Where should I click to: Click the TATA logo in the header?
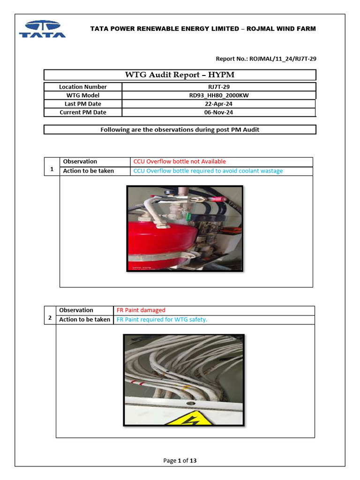click(42, 29)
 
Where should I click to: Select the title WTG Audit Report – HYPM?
click(180, 75)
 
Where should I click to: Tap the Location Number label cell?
click(83, 87)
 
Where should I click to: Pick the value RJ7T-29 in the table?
click(219, 87)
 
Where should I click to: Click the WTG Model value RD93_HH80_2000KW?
click(219, 95)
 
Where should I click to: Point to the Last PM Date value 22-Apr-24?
click(219, 104)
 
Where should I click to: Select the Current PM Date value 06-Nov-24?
click(219, 112)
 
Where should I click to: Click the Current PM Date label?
click(83, 112)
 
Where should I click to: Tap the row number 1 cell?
click(52, 170)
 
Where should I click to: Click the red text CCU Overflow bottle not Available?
click(180, 161)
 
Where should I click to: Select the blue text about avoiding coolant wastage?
click(208, 171)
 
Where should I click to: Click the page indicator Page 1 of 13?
click(180, 460)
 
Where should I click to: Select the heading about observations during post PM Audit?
click(180, 129)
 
